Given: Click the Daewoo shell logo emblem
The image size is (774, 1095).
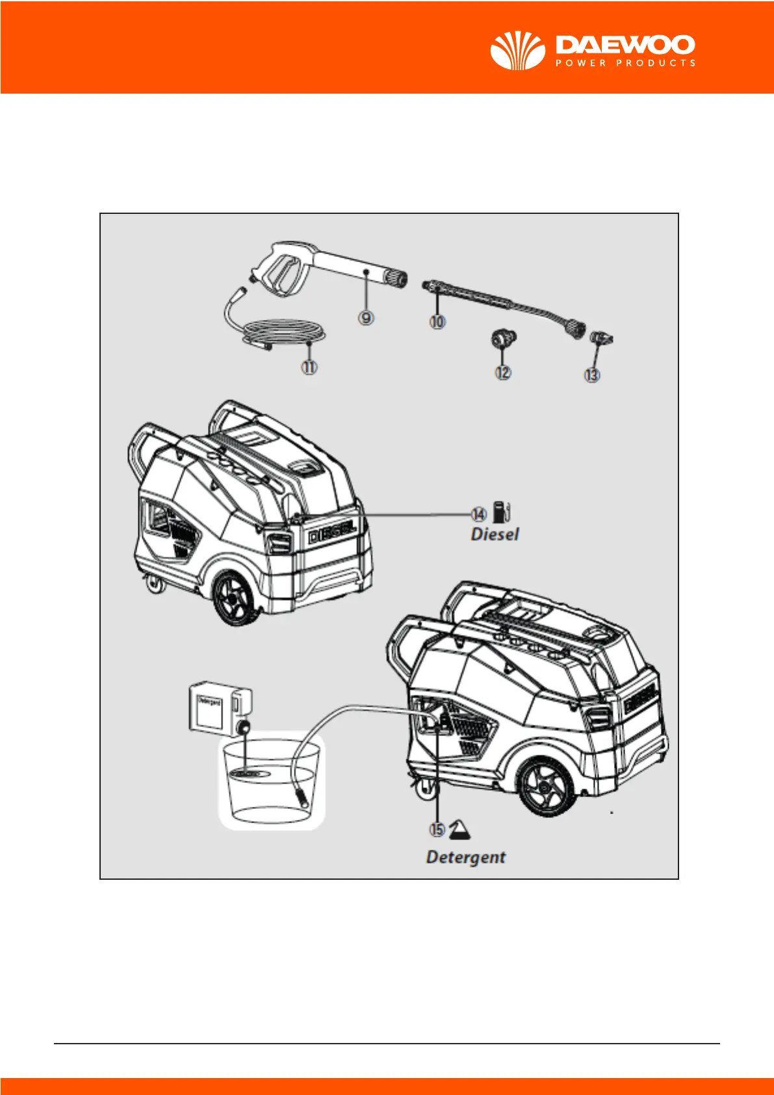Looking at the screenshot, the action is pyautogui.click(x=517, y=50).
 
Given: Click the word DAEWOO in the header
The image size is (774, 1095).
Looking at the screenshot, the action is pyautogui.click(x=625, y=45).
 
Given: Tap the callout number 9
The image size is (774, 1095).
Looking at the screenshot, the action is pyautogui.click(x=367, y=317).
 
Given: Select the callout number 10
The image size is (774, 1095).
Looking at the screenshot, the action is pyautogui.click(x=437, y=321).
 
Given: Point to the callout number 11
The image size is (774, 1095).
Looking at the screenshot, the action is pyautogui.click(x=309, y=367).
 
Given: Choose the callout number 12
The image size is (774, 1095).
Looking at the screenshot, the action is pyautogui.click(x=503, y=373).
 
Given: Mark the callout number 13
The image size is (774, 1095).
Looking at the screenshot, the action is pyautogui.click(x=592, y=375).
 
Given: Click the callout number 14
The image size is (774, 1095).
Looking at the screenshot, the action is pyautogui.click(x=478, y=514).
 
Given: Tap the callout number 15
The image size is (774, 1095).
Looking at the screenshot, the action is pyautogui.click(x=437, y=829).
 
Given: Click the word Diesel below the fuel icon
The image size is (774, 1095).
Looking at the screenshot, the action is pyautogui.click(x=495, y=534).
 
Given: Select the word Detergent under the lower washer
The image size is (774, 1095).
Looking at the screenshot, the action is pyautogui.click(x=465, y=857).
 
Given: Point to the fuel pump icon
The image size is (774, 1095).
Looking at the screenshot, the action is pyautogui.click(x=501, y=512).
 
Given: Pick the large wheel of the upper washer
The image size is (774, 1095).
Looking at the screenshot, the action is pyautogui.click(x=235, y=598).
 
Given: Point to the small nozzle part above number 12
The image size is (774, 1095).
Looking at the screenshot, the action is pyautogui.click(x=503, y=339).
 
